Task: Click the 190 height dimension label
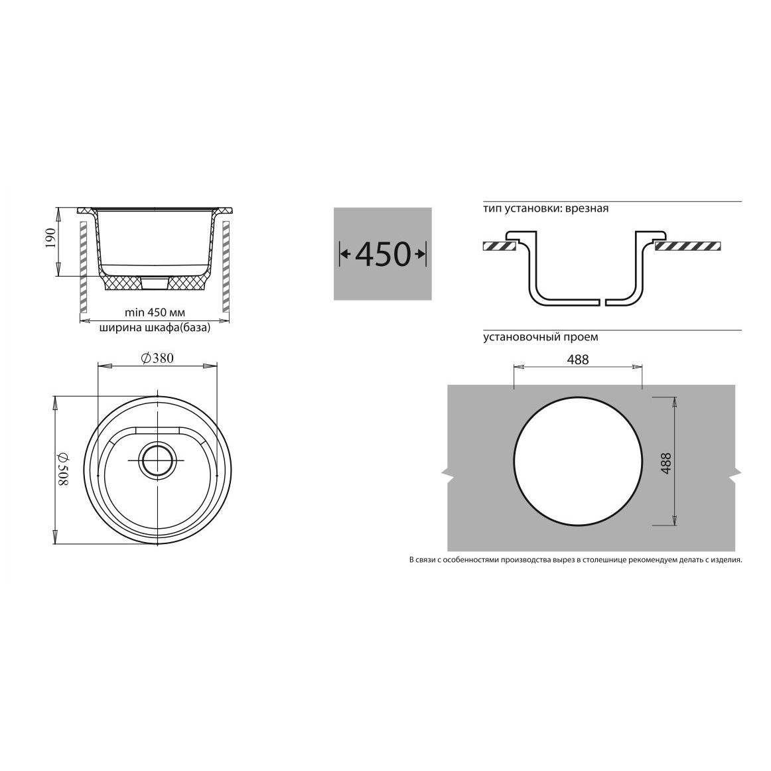[x=51, y=238]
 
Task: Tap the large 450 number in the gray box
[x=383, y=254]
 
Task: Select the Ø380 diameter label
[x=157, y=358]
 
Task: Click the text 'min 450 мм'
[x=155, y=313]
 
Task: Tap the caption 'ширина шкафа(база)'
[x=155, y=328]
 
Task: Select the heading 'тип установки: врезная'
[x=546, y=208]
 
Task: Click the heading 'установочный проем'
[x=541, y=337]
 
